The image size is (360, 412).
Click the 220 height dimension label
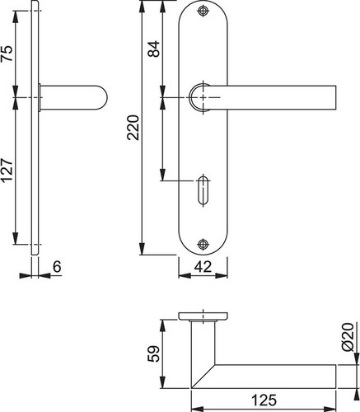133,128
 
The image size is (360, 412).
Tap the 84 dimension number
154,49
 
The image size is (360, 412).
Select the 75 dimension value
7,54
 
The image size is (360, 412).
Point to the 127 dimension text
7,170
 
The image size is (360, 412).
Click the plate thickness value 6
57,267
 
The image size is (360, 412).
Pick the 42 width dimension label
203,266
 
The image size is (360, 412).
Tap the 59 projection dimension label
153,353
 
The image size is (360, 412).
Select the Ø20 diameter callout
348,338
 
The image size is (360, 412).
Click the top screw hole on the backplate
203,12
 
